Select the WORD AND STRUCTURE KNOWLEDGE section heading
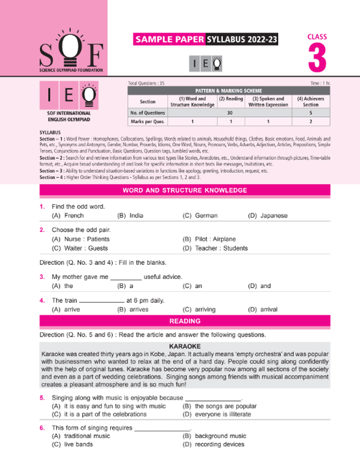click(x=183, y=191)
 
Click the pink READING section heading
click(x=183, y=321)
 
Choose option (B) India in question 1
click(x=130, y=216)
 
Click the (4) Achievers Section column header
click(x=310, y=102)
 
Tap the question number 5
click(x=42, y=397)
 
